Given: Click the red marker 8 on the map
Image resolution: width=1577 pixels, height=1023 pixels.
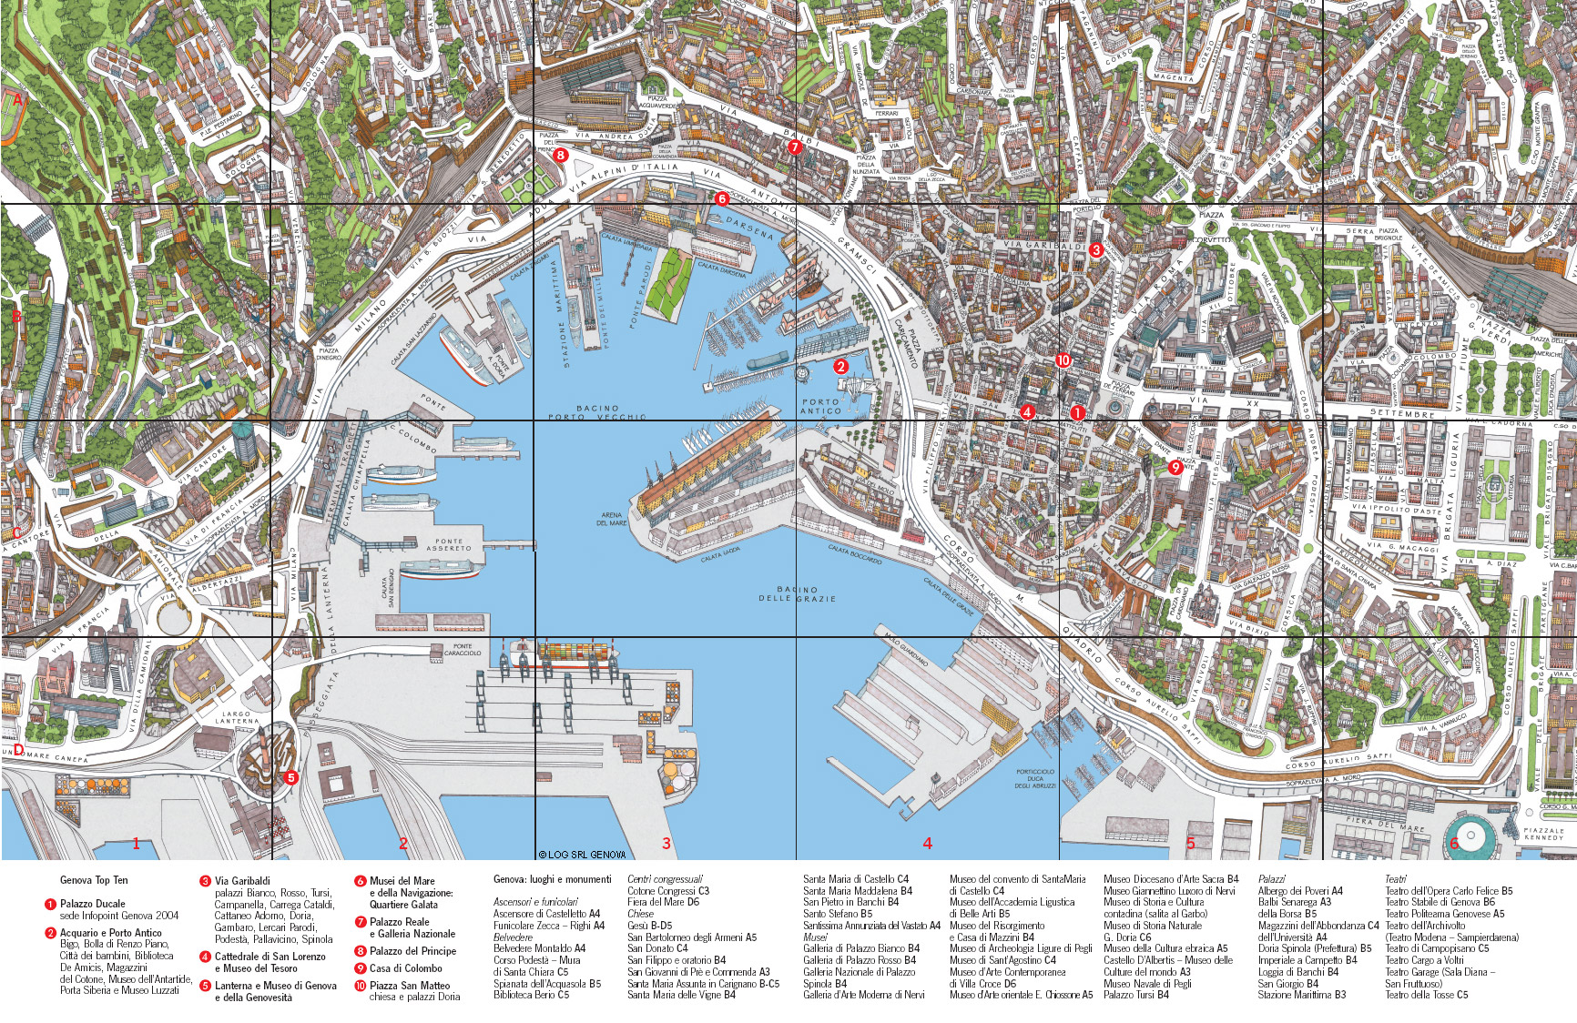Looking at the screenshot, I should coord(561,155).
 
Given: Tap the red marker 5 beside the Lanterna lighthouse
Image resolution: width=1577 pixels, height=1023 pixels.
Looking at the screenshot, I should coord(290,777).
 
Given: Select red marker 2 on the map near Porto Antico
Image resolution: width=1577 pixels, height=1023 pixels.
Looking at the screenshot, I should coord(840,367).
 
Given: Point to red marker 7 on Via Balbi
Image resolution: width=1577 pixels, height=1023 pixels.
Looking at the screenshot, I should coord(794,147).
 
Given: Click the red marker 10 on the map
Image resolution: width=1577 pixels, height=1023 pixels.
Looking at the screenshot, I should coord(1063,360).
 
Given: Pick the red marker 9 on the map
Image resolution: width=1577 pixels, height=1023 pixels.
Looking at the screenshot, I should coord(1175,467).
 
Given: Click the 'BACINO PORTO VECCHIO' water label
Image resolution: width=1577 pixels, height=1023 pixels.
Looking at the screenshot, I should coord(597,412).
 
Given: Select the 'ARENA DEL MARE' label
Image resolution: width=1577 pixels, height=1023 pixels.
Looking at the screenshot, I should coord(612,519).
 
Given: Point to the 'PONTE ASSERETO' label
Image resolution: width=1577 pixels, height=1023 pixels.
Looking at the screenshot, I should coord(449,545).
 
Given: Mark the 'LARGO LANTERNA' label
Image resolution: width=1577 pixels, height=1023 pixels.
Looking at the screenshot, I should coord(237,718).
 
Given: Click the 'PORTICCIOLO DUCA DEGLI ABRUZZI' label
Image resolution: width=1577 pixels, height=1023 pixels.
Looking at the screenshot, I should coord(1035,779).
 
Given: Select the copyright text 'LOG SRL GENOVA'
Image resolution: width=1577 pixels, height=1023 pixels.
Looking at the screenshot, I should coord(581,855).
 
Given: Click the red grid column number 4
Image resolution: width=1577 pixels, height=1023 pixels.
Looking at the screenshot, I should coord(927,844).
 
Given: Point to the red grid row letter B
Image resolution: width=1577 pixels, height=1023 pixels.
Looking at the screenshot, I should coord(15,318).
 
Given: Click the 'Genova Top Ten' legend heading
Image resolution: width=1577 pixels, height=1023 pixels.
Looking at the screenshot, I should coord(94,880).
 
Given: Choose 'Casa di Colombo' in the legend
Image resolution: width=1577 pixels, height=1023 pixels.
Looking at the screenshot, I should coord(406,968).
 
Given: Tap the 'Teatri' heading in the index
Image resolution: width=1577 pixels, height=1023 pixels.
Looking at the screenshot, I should coord(1395,879).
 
